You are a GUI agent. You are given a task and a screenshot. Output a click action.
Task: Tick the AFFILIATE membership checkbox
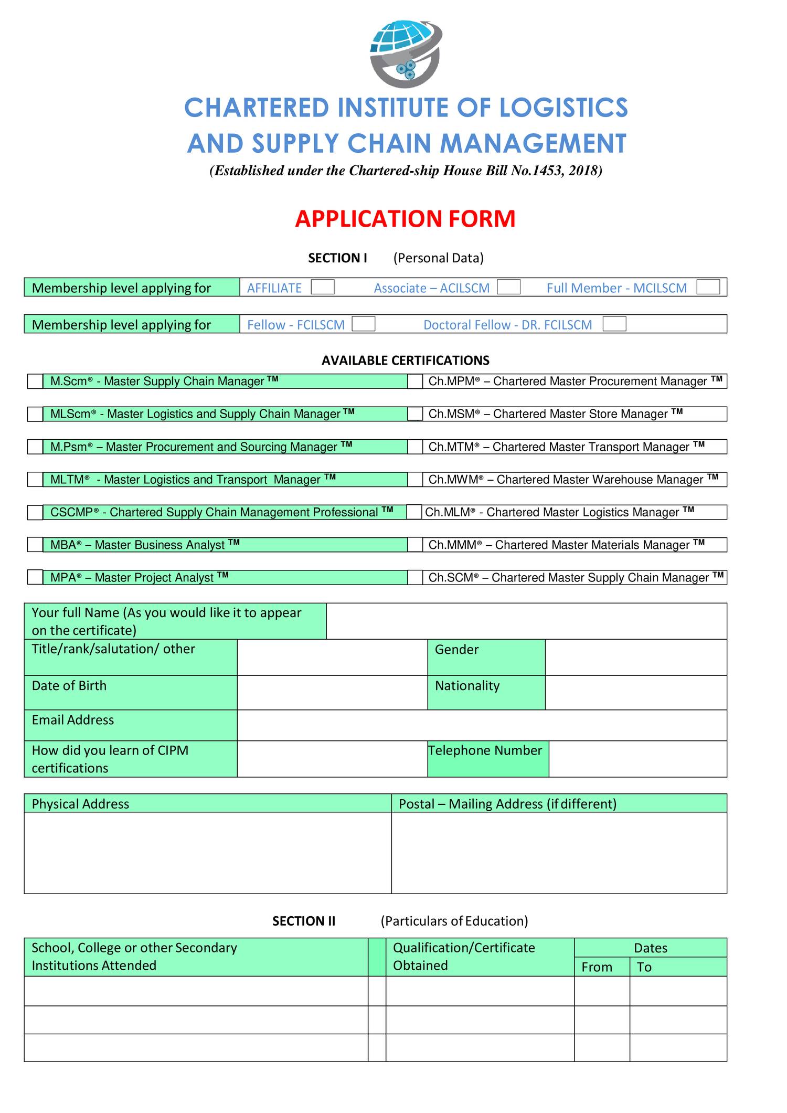(322, 287)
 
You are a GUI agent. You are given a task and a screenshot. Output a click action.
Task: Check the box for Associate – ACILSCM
(508, 287)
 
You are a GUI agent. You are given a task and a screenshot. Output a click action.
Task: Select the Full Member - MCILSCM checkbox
(708, 287)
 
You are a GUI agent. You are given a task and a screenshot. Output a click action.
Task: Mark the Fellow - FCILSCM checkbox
(363, 324)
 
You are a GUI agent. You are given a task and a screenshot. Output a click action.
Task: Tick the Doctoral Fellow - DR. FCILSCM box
(614, 324)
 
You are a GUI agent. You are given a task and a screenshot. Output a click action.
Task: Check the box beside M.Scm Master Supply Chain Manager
(35, 381)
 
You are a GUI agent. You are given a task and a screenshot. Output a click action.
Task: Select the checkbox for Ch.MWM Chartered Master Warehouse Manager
(415, 479)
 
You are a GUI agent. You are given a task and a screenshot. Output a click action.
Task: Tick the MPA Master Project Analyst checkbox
(35, 577)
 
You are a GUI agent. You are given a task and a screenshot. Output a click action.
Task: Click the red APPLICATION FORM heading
(405, 219)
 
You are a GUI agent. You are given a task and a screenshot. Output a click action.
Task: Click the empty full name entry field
(526, 621)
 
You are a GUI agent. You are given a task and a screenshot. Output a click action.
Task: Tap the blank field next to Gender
(635, 657)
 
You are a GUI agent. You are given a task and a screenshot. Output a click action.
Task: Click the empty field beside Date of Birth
(332, 692)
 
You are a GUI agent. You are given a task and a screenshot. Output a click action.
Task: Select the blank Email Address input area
(481, 725)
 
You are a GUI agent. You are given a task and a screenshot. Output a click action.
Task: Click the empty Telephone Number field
(637, 759)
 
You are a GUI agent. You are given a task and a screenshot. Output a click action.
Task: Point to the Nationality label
(467, 686)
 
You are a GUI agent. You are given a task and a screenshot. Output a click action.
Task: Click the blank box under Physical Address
(207, 852)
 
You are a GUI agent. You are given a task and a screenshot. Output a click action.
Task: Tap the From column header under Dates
(597, 967)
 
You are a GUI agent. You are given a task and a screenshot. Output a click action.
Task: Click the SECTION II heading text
(304, 921)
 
